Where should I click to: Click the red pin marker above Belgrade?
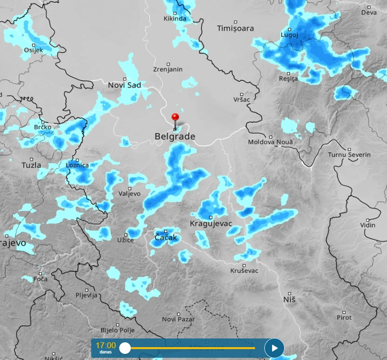coord(175,118)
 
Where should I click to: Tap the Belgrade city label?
coord(175,137)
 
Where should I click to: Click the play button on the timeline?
coord(274,348)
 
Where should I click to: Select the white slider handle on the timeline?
coord(125,348)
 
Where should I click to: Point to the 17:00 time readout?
coord(106,345)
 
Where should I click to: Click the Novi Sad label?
coord(124,85)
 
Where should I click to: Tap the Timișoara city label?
coord(235,28)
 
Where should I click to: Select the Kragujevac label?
coord(211,224)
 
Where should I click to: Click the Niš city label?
coord(289,300)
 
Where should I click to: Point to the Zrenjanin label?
coord(168,70)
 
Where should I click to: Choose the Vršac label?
coord(242,99)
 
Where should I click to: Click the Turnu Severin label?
coord(349,155)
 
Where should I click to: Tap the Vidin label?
coord(368,225)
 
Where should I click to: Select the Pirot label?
coord(344,317)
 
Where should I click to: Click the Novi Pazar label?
coord(178,319)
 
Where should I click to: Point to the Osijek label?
coord(33,50)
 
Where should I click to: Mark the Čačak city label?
coord(166,237)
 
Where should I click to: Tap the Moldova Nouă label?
coord(270,142)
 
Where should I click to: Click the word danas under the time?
coord(106,353)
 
